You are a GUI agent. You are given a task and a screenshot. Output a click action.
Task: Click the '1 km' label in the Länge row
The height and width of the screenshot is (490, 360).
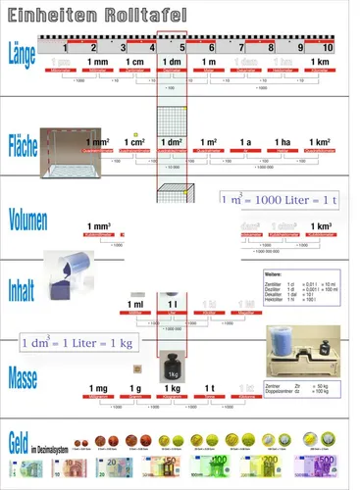point(318,63)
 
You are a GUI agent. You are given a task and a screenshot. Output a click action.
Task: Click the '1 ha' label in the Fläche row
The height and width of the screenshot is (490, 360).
point(282,143)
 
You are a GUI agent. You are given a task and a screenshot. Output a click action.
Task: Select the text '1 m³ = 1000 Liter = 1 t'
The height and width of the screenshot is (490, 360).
point(280,200)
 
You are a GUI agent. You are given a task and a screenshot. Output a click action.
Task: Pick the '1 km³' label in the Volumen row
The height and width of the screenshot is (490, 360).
point(318,226)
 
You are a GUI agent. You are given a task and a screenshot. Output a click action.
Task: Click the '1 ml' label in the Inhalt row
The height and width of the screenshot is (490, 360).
point(136,305)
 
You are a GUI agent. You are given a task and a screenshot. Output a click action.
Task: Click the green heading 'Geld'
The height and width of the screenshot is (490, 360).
point(21,442)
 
